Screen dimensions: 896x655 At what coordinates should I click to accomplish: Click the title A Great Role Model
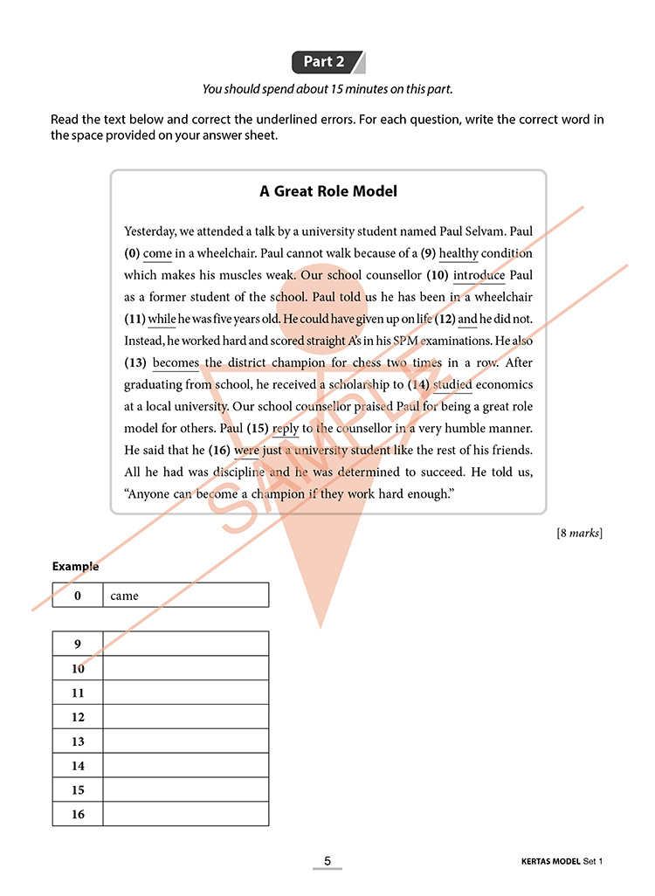[328, 191]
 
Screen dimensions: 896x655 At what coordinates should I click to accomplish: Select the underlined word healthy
[458, 253]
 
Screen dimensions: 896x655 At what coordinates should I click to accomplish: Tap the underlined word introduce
[479, 275]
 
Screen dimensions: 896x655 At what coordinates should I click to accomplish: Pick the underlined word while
[162, 319]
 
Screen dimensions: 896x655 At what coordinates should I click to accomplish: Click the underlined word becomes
[176, 362]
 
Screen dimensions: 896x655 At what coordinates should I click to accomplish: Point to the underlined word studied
[452, 384]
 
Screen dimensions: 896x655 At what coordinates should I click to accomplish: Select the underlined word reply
[286, 428]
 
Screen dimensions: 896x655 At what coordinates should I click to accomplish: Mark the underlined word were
[247, 450]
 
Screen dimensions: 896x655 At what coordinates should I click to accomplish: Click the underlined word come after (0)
[157, 253]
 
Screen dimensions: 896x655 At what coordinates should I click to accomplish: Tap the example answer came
[124, 596]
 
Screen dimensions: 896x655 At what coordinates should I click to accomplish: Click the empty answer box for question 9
[185, 644]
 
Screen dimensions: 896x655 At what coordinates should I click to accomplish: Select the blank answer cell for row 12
[185, 717]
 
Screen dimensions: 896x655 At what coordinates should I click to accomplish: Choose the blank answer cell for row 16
[185, 814]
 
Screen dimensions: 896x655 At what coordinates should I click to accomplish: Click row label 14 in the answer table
[78, 766]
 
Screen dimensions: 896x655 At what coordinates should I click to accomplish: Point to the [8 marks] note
[579, 533]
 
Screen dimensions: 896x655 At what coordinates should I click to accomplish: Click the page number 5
[327, 861]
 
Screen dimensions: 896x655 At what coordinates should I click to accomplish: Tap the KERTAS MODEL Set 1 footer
[555, 862]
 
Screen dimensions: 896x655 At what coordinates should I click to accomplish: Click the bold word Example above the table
[75, 566]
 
